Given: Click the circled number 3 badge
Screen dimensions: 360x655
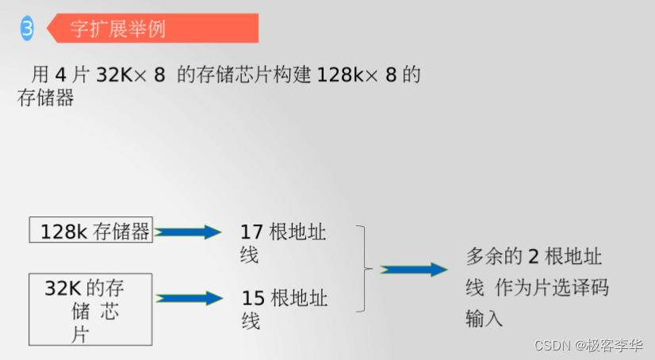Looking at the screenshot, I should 27,29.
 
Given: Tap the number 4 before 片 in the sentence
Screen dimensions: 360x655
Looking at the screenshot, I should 61,75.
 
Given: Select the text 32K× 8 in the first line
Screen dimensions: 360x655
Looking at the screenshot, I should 130,75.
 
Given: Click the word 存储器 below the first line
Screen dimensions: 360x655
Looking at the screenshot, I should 45,98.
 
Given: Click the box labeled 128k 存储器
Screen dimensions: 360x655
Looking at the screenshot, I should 90,231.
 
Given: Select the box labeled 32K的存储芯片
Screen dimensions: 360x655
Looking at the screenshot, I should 90,309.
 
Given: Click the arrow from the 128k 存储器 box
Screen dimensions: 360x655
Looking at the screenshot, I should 189,232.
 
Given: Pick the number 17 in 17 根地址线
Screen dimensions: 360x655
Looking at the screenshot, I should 251,232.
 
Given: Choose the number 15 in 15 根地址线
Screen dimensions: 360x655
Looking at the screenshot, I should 253,299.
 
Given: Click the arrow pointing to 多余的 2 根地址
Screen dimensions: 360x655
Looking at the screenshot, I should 414,270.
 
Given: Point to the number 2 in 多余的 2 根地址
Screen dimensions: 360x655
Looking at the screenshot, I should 534,256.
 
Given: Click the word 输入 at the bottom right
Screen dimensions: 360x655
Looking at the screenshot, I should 485,318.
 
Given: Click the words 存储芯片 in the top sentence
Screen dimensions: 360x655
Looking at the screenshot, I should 232,75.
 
